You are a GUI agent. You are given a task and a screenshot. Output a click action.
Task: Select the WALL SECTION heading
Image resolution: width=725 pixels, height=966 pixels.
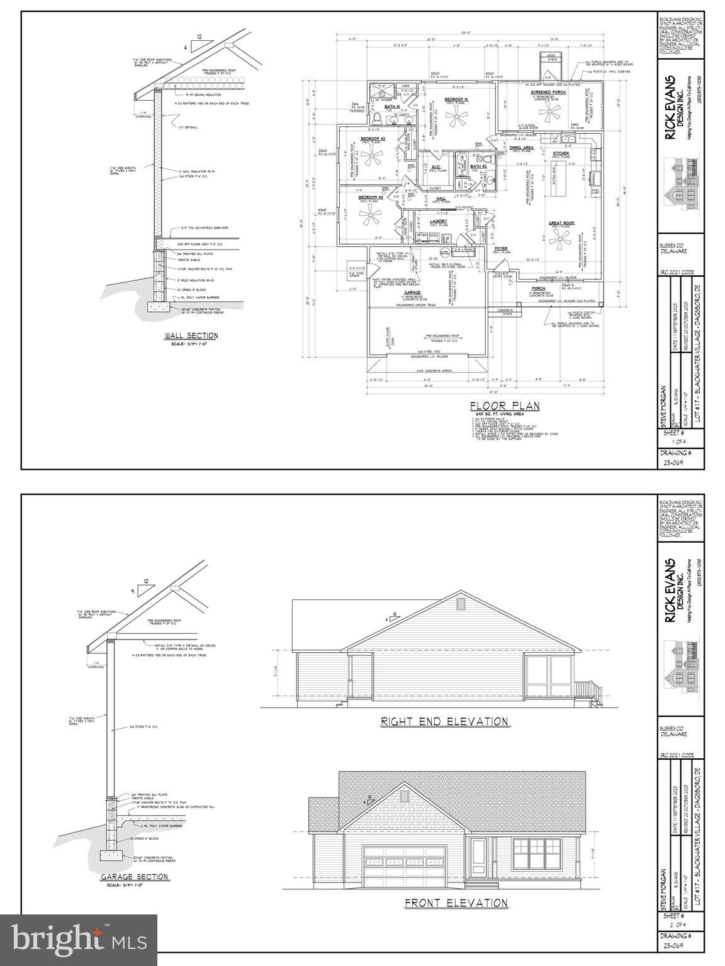point(191,336)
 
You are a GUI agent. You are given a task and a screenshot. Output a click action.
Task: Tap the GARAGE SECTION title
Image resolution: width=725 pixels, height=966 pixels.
point(135,876)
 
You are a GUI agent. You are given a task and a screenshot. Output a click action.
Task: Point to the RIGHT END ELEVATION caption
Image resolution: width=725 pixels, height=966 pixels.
point(444,721)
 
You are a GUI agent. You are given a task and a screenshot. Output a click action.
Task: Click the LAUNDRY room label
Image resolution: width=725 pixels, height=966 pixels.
point(438,221)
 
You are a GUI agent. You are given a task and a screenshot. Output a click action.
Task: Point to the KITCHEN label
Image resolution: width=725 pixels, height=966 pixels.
point(561,153)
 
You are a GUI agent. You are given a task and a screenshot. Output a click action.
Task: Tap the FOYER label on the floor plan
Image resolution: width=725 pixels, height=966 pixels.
point(501,248)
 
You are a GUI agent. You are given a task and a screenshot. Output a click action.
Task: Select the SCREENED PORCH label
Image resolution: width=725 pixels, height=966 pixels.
point(548,92)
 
